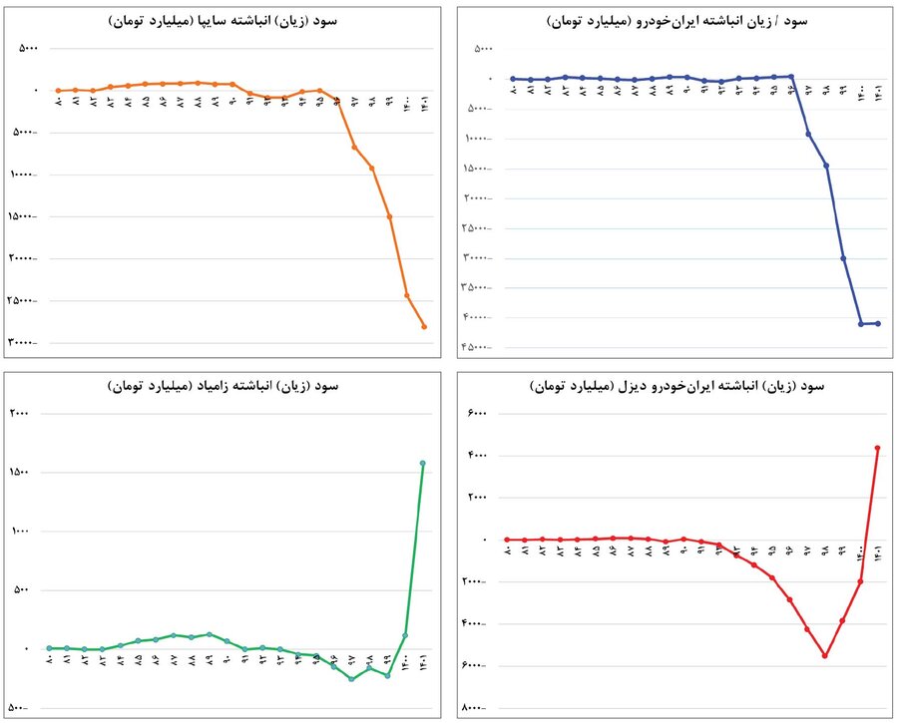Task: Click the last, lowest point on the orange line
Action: pos(424,326)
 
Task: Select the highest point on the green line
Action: pos(423,463)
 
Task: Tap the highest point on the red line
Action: pos(878,448)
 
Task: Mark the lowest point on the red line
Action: pos(825,655)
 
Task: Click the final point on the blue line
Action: pos(878,323)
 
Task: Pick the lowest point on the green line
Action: pos(352,679)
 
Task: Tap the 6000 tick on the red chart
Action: pos(478,413)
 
